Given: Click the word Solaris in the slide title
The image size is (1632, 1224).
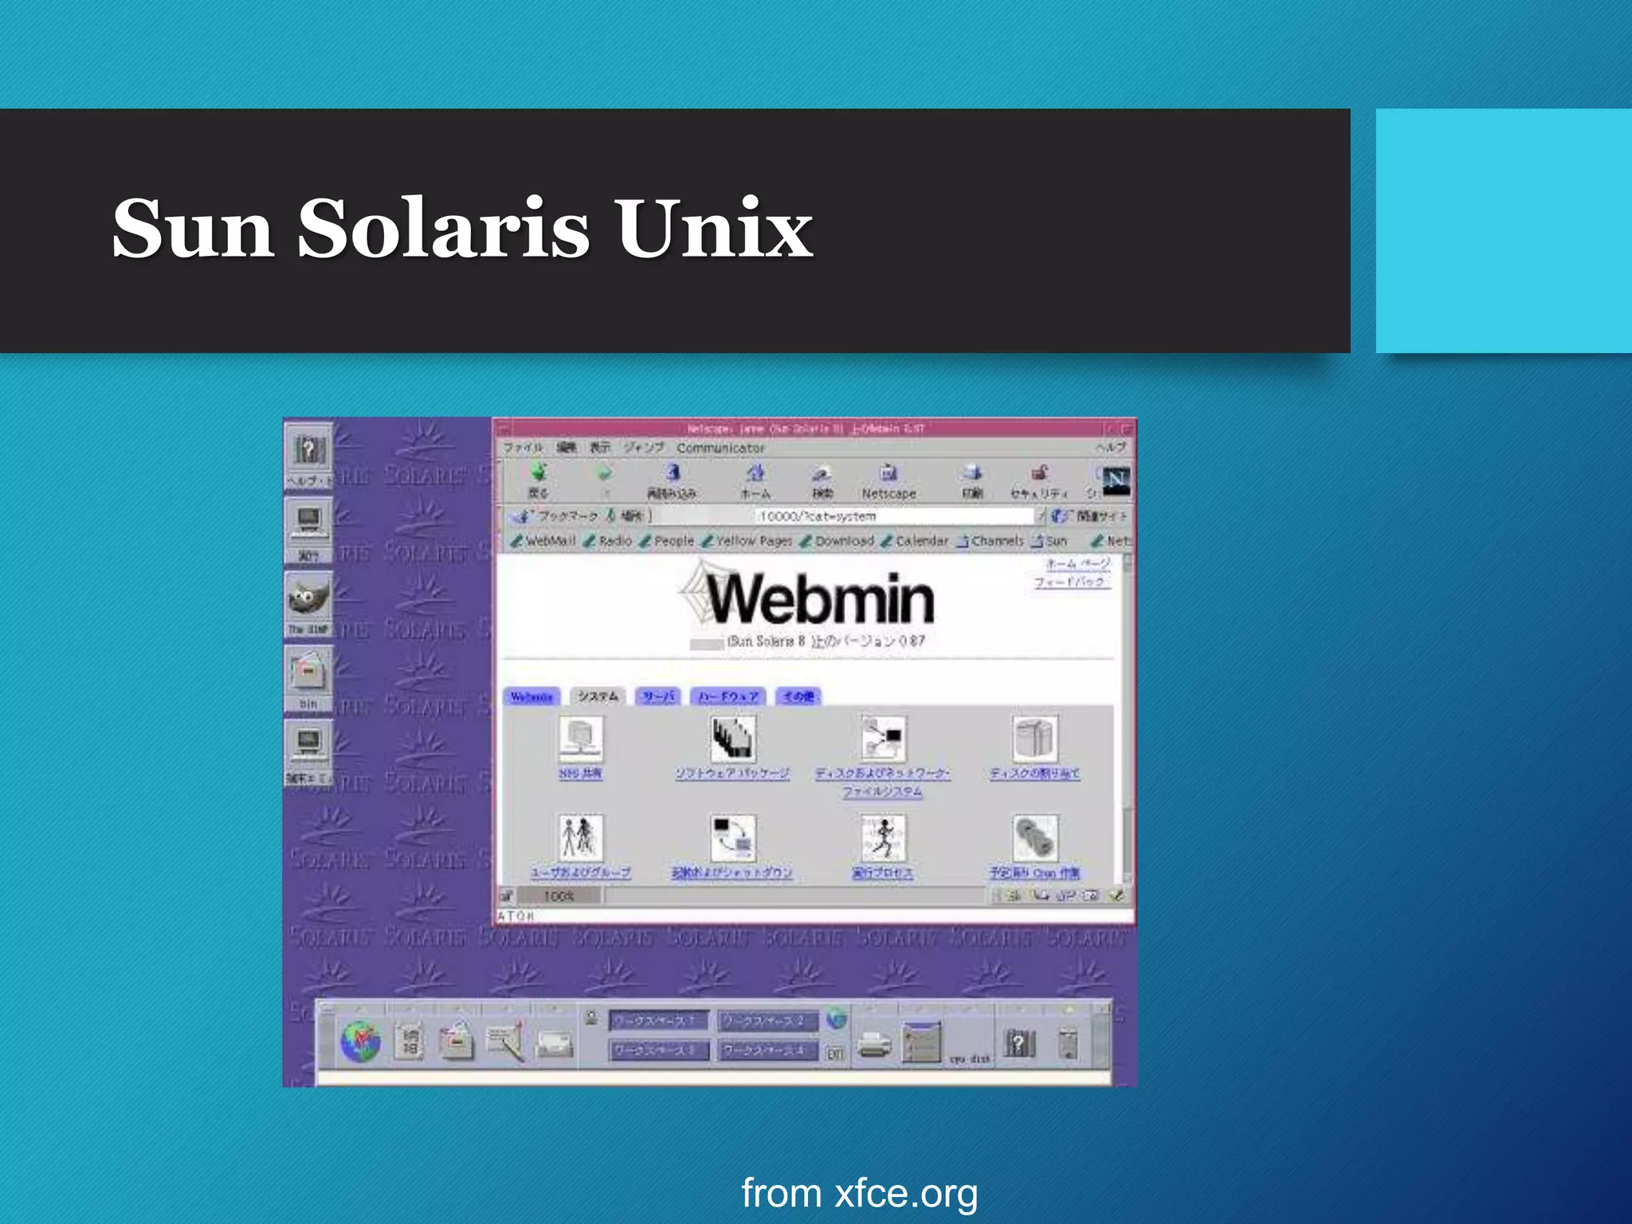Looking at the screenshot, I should (443, 229).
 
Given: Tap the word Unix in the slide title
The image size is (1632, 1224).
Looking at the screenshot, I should (714, 229).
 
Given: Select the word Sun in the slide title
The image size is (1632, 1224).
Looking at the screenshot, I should (194, 229).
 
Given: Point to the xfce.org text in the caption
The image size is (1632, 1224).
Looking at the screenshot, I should (906, 1193).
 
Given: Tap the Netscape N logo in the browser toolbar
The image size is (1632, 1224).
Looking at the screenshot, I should (1116, 480).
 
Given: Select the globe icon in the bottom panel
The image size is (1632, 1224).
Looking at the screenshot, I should (361, 1042).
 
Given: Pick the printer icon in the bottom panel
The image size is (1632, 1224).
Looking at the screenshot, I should (875, 1044).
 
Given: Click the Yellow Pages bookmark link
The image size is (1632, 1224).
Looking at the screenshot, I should (753, 541).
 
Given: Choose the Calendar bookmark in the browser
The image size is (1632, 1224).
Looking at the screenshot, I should (921, 541).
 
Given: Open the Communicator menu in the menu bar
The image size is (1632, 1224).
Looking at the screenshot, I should (720, 448).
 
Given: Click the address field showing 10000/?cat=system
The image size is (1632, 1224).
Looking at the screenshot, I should (892, 516).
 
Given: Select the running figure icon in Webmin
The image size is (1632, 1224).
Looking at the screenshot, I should (883, 837).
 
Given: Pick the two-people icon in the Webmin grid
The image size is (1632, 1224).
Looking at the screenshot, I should (580, 837).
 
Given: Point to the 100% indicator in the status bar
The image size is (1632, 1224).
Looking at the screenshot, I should (559, 896).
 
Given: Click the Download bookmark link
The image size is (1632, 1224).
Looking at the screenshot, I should (844, 541).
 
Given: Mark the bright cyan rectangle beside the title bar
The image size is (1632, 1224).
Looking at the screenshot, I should (1503, 231).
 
